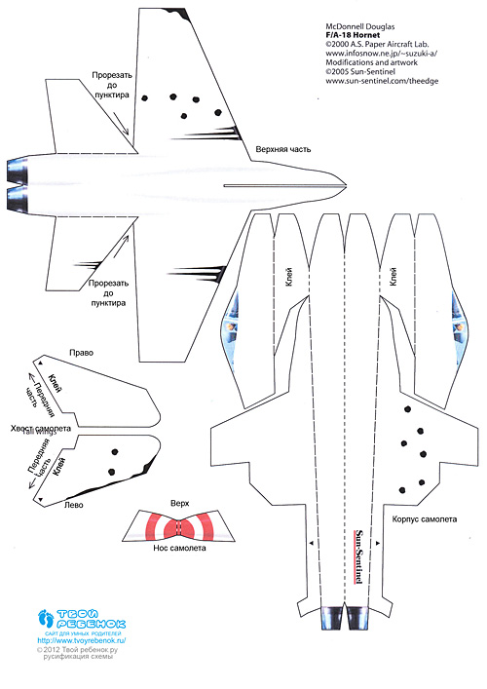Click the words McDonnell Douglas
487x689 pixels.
[x=360, y=26]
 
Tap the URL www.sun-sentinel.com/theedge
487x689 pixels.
[x=382, y=81]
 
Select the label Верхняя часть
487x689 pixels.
[x=283, y=149]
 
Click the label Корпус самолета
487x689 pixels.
[x=425, y=519]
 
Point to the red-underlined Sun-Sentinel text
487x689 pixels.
[x=358, y=556]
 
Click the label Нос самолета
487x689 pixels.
[x=179, y=548]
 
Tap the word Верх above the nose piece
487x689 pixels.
[x=179, y=504]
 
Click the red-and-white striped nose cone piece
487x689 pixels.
[x=178, y=526]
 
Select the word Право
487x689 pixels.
[x=81, y=353]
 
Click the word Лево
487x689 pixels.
[x=74, y=505]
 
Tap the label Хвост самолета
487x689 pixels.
[x=40, y=429]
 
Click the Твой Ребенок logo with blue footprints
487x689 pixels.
[x=82, y=619]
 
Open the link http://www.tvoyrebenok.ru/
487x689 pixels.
[x=82, y=640]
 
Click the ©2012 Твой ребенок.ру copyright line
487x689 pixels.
[x=77, y=649]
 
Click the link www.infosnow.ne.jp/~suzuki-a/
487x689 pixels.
[x=381, y=54]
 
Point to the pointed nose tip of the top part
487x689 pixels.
[x=347, y=185]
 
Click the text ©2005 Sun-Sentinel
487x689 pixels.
[x=360, y=71]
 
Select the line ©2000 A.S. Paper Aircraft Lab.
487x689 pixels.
[x=377, y=45]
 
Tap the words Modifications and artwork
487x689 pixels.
[x=371, y=62]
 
